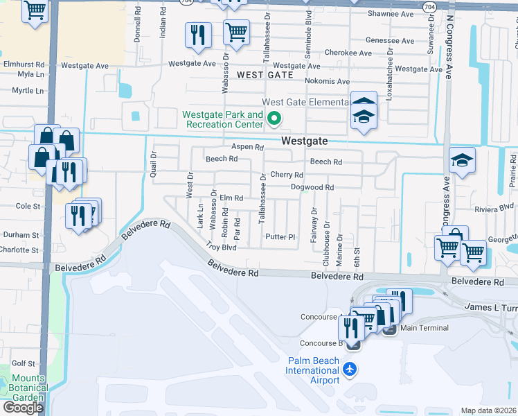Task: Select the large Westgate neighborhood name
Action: click(x=305, y=141)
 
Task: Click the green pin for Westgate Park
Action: click(x=274, y=119)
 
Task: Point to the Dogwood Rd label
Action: click(x=312, y=187)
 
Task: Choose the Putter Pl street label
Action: click(x=280, y=237)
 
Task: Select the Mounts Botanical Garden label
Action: click(x=28, y=383)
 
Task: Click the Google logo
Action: click(x=23, y=408)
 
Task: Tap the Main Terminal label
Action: click(x=424, y=328)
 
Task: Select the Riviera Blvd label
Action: click(x=495, y=207)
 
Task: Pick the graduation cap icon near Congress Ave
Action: click(x=462, y=161)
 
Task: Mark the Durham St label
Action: click(x=21, y=235)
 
